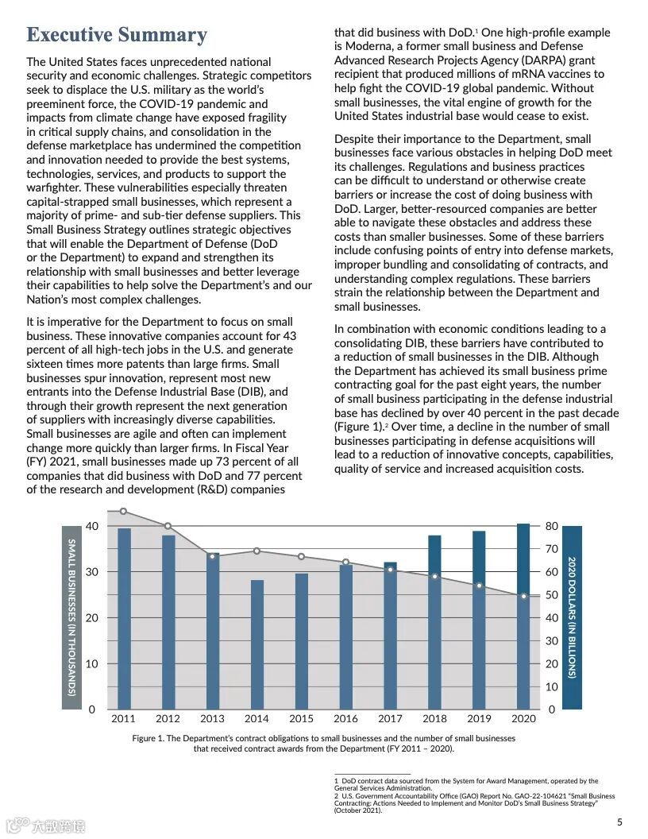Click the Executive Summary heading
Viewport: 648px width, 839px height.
tap(117, 35)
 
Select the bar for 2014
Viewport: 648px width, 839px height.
tap(256, 644)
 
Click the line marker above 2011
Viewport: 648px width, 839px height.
tap(123, 512)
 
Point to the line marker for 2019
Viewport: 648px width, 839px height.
tap(479, 586)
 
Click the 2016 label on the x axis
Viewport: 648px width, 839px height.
tap(345, 719)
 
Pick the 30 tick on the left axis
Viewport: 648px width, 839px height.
tap(92, 572)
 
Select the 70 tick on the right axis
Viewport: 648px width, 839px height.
tap(552, 549)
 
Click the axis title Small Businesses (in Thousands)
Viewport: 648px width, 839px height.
tap(71, 617)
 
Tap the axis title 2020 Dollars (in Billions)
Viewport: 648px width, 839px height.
tap(572, 617)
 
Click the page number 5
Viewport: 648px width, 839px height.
tap(619, 822)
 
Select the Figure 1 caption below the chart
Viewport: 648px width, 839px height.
tap(323, 744)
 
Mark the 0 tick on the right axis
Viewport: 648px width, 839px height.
tap(552, 709)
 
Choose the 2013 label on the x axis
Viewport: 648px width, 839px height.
tap(212, 719)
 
